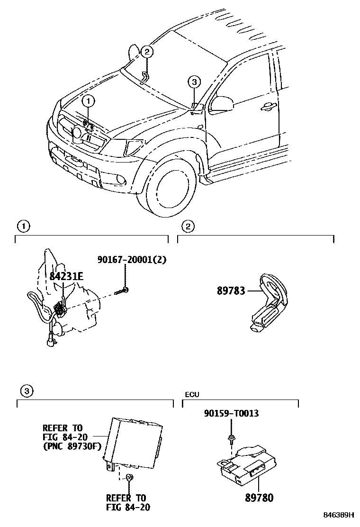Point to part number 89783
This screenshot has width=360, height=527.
point(231,291)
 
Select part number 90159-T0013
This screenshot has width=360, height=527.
point(231,413)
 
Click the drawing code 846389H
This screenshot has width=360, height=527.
point(339,515)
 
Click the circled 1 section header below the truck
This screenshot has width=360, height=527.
point(22,227)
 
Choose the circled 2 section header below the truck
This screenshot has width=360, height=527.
point(188,227)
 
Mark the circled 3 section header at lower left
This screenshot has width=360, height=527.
point(27,391)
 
